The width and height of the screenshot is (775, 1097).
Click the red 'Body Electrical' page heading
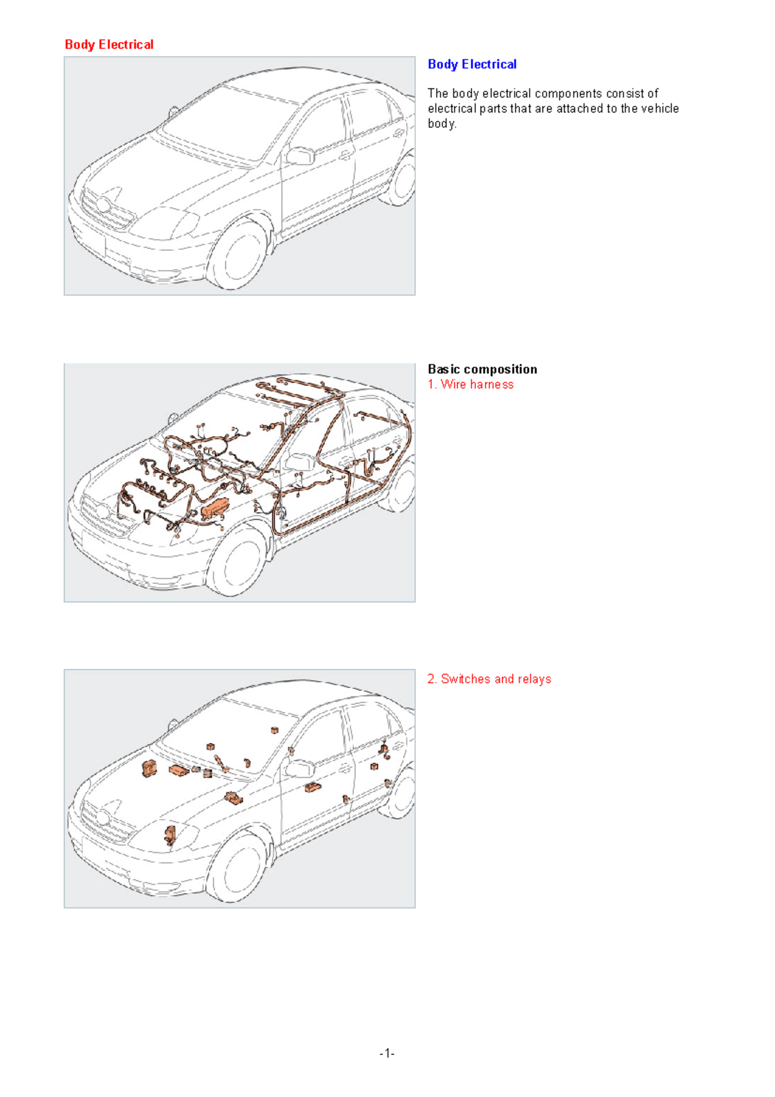pos(108,45)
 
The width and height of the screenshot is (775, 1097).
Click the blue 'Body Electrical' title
pos(471,64)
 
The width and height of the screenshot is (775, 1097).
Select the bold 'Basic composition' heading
pos(482,369)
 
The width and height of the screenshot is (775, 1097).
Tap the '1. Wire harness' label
pos(470,384)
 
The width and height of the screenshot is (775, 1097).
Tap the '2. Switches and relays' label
pos(489,679)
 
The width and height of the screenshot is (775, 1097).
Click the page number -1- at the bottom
pos(387,1054)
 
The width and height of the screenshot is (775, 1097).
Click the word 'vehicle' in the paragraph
pos(659,109)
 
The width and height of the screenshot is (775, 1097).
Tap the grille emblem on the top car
pos(103,206)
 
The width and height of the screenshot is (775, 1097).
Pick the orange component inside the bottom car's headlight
pos(170,834)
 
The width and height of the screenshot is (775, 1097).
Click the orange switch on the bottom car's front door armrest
pos(313,787)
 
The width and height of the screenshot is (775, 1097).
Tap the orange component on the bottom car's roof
pos(274,730)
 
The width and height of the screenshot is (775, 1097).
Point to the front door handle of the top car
pos(346,155)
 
